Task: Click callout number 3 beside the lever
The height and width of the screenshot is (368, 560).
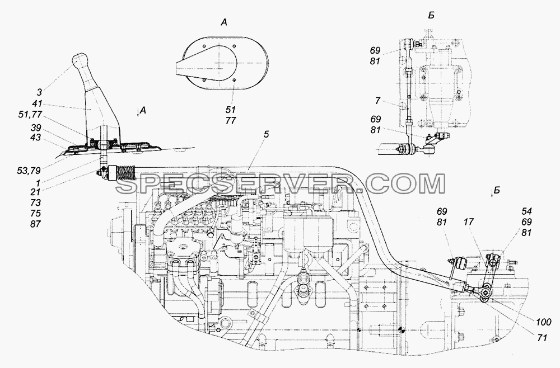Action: [39, 92]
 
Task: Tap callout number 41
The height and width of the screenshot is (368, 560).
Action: [37, 104]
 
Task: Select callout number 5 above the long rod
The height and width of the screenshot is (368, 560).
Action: [267, 134]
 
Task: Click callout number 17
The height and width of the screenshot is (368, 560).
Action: [469, 222]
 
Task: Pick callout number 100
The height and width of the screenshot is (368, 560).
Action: [544, 323]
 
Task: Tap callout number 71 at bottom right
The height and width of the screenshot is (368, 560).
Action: [542, 338]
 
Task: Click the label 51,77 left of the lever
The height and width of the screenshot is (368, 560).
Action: [30, 115]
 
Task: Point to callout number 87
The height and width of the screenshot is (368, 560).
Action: [36, 224]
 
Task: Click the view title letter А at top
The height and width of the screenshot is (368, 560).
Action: [223, 23]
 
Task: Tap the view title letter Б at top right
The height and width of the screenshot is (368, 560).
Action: [431, 16]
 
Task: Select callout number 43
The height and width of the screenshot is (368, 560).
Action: [36, 138]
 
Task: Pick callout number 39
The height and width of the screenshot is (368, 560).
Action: [36, 128]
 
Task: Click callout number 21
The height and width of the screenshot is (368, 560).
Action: [36, 192]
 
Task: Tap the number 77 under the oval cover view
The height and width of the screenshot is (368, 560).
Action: [231, 121]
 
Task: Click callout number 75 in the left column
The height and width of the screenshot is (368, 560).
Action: [36, 214]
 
